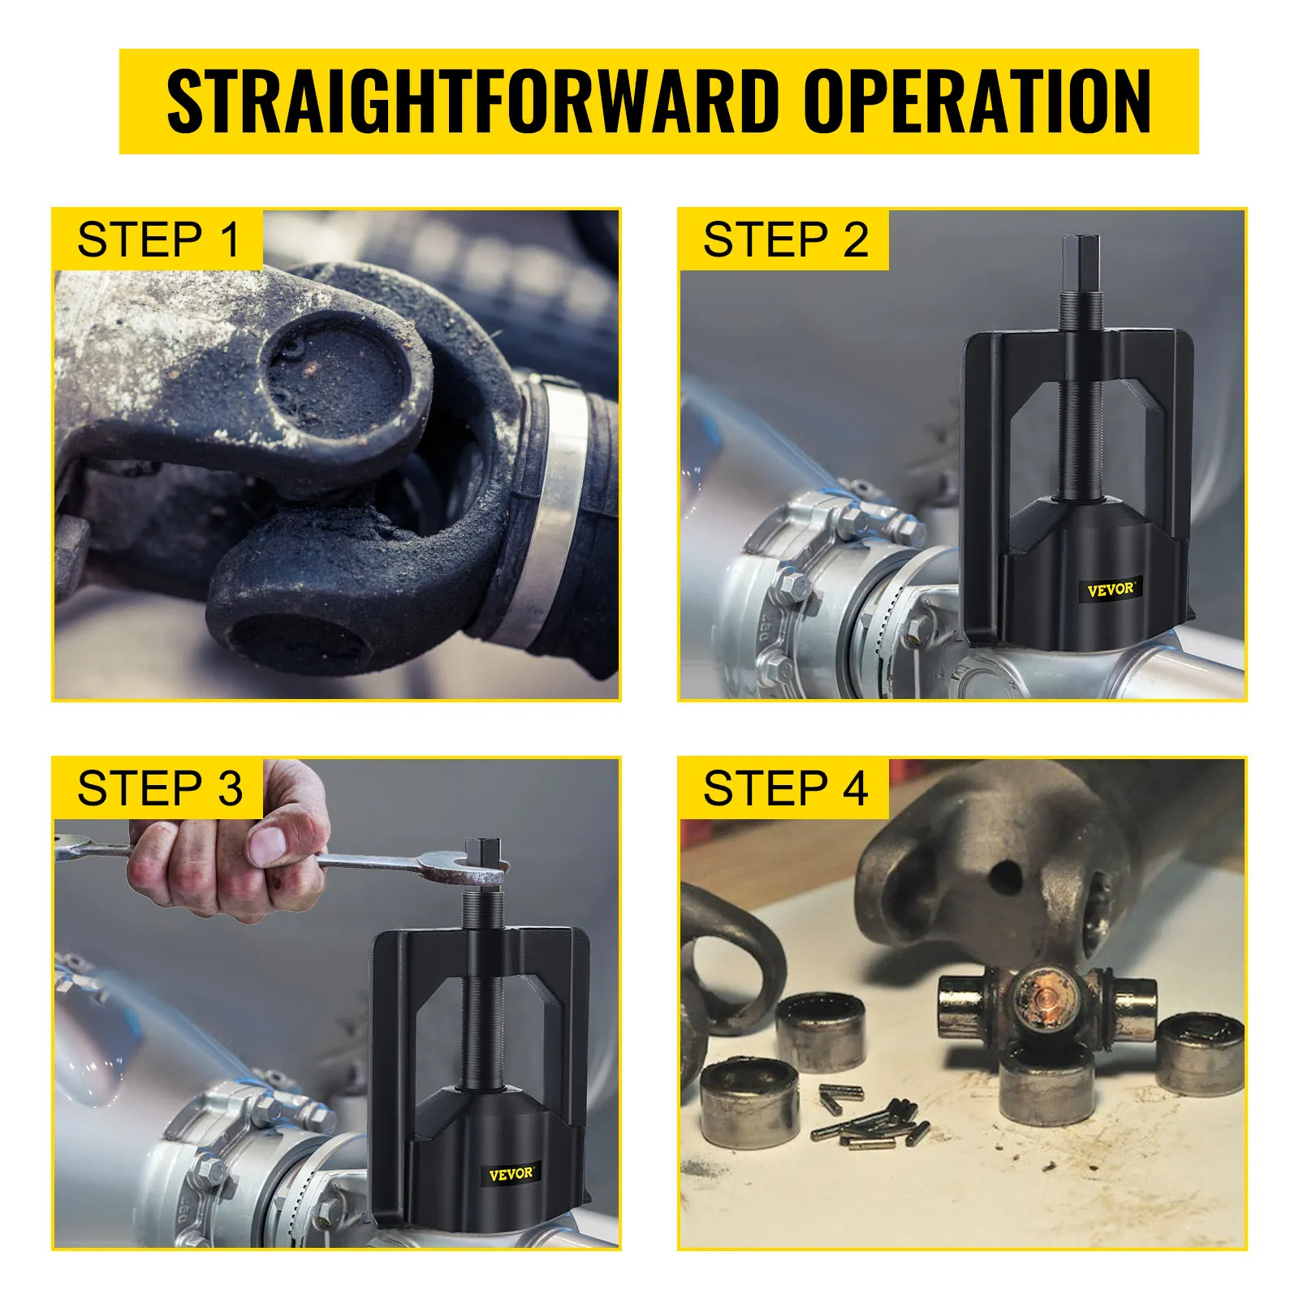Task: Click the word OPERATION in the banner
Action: coord(977,101)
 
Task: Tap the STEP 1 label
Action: coord(158,240)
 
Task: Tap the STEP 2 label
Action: coord(785,240)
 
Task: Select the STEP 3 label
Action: coord(158,788)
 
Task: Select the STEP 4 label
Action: coord(785,788)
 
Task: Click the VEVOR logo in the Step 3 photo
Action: coord(511,1174)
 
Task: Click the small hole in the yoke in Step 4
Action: coord(1006,877)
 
